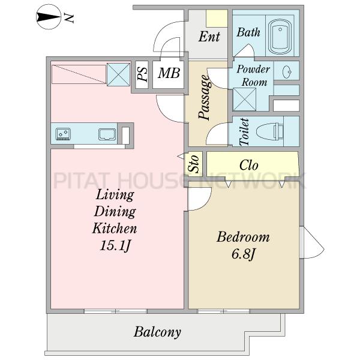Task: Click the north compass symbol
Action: pyautogui.click(x=49, y=17)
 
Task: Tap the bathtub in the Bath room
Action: pyautogui.click(x=280, y=37)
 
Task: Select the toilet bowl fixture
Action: pyautogui.click(x=269, y=131)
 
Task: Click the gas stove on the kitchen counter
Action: pyautogui.click(x=63, y=134)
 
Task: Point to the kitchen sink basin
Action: pyautogui.click(x=107, y=134)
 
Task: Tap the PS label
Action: pyautogui.click(x=142, y=74)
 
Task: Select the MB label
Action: pyautogui.click(x=169, y=73)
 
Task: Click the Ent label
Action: pyautogui.click(x=209, y=37)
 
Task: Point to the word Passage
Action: pyautogui.click(x=205, y=97)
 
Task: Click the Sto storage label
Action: pyautogui.click(x=194, y=164)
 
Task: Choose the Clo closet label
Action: pyautogui.click(x=248, y=165)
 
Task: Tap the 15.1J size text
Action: pyautogui.click(x=115, y=246)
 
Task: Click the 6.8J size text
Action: pyautogui.click(x=244, y=254)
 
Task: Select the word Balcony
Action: pyautogui.click(x=157, y=332)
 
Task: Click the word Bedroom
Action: pyautogui.click(x=243, y=237)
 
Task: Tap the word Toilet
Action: pyautogui.click(x=244, y=132)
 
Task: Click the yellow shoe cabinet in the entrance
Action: pyautogui.click(x=217, y=19)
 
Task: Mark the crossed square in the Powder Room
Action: pyautogui.click(x=244, y=100)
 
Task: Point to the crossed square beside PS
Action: pyautogui.click(x=118, y=74)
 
